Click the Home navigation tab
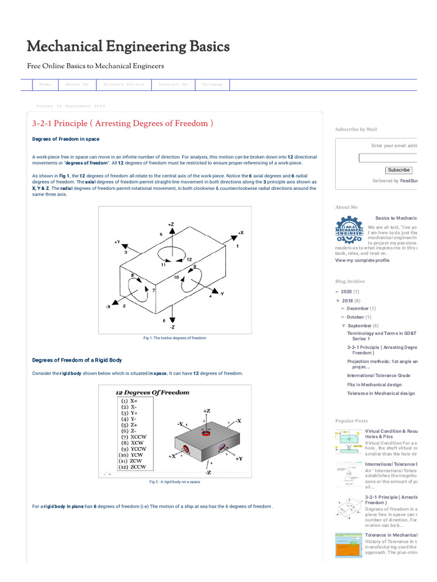(45, 85)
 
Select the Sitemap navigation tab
(213, 85)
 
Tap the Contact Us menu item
(173, 85)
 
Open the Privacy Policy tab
(123, 85)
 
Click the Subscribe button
(398, 170)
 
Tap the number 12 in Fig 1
(188, 259)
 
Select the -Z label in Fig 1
(172, 327)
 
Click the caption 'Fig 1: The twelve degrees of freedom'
(175, 338)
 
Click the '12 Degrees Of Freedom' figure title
(152, 393)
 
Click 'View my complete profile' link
(362, 260)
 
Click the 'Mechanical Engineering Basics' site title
(129, 46)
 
